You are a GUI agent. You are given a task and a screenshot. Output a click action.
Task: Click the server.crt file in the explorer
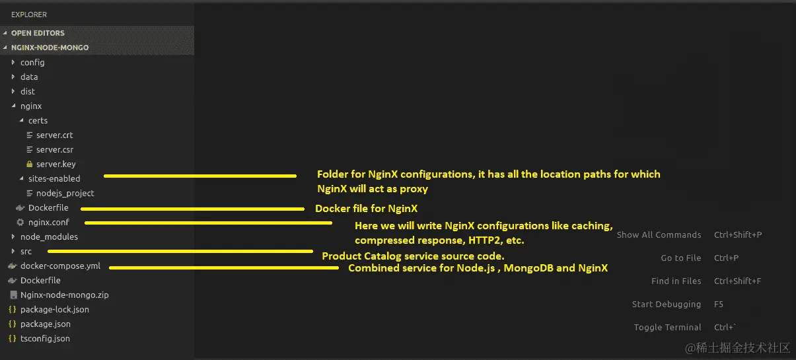(x=54, y=135)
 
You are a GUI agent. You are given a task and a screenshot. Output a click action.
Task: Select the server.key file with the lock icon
(x=55, y=164)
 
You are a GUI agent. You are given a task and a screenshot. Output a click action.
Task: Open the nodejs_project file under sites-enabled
(x=65, y=193)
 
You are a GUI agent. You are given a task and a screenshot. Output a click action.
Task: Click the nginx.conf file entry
(x=48, y=222)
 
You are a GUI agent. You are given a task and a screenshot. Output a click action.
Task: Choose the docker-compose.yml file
(x=60, y=266)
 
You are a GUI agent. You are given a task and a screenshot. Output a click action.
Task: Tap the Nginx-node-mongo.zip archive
(x=64, y=295)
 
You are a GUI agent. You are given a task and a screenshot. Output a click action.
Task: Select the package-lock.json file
(x=54, y=309)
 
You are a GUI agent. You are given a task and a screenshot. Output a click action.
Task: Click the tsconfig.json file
(x=45, y=338)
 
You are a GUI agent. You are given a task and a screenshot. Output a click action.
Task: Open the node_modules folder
(x=49, y=236)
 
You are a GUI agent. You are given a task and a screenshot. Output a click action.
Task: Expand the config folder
(x=32, y=62)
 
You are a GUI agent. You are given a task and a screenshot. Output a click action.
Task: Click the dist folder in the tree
(x=27, y=91)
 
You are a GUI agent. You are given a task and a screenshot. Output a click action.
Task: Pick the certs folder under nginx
(x=38, y=120)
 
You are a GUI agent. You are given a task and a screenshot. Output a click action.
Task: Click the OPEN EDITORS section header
(x=38, y=33)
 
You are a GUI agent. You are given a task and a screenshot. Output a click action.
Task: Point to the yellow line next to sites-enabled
(x=200, y=176)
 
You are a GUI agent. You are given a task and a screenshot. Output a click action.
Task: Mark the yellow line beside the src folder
(x=180, y=251)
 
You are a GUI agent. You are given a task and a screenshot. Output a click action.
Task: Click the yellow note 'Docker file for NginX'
(x=366, y=209)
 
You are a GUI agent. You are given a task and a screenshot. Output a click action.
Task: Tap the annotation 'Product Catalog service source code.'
(x=413, y=256)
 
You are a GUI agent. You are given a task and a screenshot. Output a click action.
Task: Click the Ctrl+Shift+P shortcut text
(x=738, y=234)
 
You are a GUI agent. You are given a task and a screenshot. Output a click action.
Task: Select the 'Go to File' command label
(x=681, y=258)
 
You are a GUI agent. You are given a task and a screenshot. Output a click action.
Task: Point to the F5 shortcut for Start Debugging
(x=719, y=304)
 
